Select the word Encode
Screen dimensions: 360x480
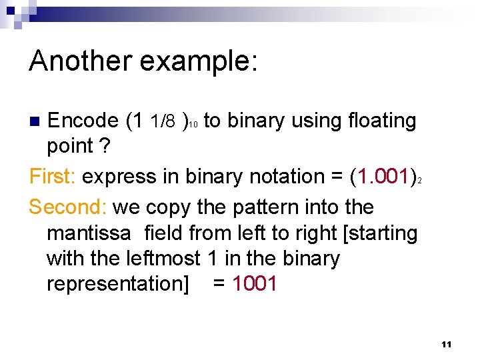click(83, 121)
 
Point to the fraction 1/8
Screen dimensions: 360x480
click(163, 121)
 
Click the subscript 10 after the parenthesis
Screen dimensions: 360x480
click(193, 125)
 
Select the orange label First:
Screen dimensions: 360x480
click(53, 177)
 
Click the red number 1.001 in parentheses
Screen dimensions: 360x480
click(383, 177)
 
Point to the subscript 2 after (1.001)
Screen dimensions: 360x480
click(419, 181)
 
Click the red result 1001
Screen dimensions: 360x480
click(254, 283)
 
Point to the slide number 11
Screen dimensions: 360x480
click(446, 344)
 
